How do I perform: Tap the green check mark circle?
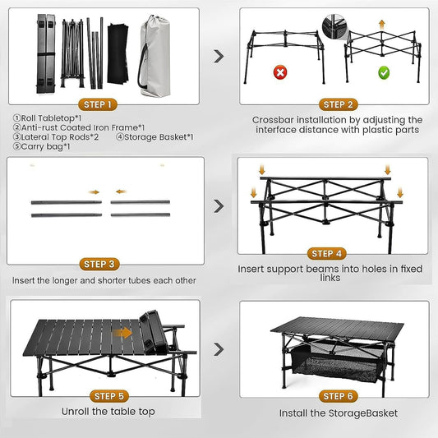click(383, 72)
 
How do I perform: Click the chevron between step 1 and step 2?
click(219, 56)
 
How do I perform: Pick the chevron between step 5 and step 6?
click(219, 349)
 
